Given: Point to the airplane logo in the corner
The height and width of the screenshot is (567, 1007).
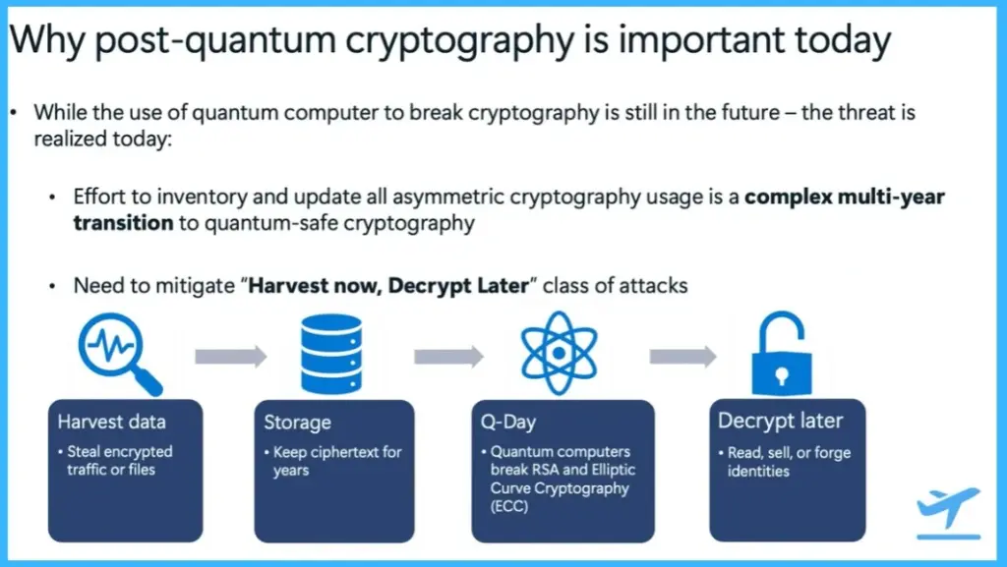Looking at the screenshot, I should [x=948, y=512].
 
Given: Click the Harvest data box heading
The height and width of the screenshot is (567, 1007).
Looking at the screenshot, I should [x=111, y=422].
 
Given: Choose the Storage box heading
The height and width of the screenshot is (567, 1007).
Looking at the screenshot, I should [x=297, y=422].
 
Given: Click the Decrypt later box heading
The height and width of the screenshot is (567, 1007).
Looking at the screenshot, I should [x=780, y=421].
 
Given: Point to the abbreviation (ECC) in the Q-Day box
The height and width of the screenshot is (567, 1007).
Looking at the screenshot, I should [x=510, y=507].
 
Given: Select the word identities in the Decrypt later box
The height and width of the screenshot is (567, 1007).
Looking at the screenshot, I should [x=760, y=471].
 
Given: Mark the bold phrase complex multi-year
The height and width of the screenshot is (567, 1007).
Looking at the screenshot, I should [x=845, y=197].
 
